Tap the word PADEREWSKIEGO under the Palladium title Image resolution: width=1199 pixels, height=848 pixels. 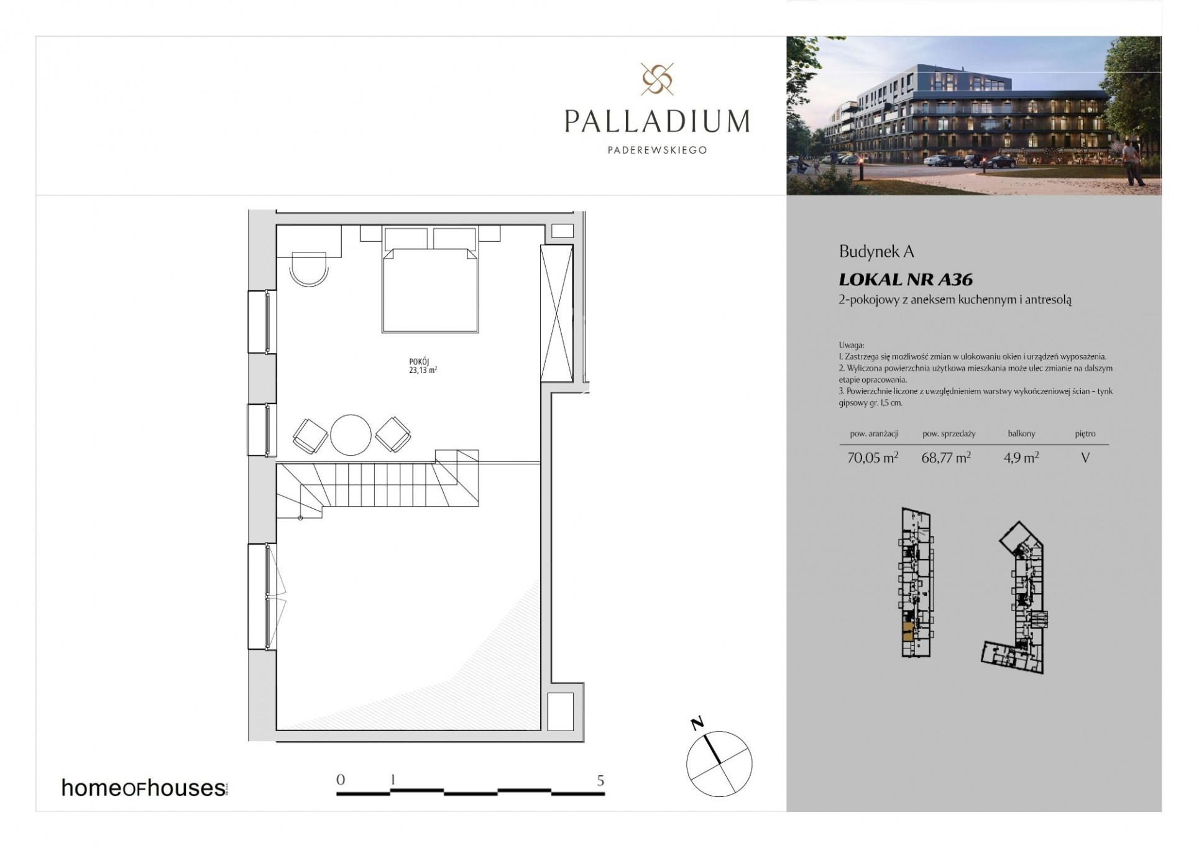657,150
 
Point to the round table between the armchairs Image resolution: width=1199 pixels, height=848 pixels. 351,435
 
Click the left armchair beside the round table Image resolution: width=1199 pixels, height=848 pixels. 310,435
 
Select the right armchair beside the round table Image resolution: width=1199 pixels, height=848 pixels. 392,434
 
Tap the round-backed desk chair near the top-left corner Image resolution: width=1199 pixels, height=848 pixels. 309,269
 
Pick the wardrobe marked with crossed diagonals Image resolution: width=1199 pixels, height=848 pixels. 556,313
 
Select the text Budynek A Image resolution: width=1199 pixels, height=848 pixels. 876,252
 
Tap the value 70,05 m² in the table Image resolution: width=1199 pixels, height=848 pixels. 873,458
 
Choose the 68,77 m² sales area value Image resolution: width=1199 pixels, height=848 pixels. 945,458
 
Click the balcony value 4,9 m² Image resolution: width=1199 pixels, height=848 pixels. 1021,458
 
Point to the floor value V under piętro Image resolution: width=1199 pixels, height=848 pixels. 1085,458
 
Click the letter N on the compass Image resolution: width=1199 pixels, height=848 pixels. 697,723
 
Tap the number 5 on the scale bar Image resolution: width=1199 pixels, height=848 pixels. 600,781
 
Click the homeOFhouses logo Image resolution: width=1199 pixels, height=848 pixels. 144,788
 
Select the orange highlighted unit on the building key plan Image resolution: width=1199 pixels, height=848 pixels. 908,635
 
